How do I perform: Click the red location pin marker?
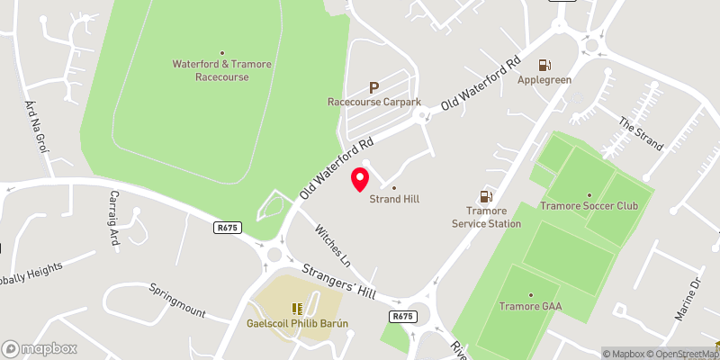coord(360,178)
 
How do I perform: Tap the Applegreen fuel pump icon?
coord(544,64)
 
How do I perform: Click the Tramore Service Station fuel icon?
coord(486,196)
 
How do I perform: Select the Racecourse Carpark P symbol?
coord(373,87)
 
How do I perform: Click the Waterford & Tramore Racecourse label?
coord(221,69)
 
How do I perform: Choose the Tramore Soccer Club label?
coord(589,205)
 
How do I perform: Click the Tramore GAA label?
coord(530,306)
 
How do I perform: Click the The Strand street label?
coord(640,134)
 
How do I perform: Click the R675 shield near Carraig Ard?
coord(228,229)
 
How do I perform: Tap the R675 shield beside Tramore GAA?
coord(403,316)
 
